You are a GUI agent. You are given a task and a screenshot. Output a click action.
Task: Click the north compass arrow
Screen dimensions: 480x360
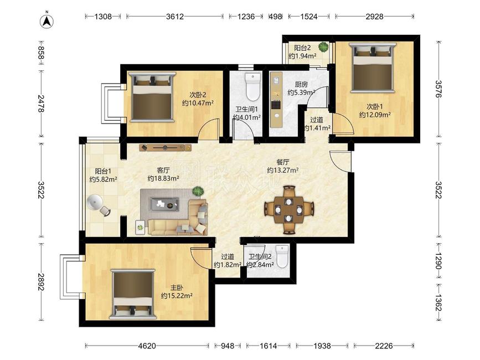point(47,21)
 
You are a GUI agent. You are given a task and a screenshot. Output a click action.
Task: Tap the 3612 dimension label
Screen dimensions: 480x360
point(175,17)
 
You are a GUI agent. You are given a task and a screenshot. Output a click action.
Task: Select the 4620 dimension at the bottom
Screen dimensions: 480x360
point(147,346)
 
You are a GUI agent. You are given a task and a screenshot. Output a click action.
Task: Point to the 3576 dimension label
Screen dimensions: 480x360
point(439,89)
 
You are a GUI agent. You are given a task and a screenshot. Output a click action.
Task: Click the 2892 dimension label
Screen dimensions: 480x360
point(42,282)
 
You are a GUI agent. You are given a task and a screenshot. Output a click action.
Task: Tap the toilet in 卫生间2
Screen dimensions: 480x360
point(282,256)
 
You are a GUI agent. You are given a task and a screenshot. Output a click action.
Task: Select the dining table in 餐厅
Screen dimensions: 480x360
point(288,210)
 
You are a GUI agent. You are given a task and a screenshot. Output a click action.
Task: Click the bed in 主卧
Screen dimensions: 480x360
point(133,294)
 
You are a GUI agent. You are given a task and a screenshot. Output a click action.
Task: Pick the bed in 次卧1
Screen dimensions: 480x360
point(372,68)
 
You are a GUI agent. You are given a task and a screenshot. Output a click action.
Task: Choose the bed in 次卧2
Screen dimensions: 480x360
point(152,97)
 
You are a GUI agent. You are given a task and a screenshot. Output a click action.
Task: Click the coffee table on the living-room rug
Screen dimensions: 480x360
point(164,204)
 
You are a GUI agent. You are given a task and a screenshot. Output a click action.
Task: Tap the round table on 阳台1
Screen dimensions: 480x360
point(95,202)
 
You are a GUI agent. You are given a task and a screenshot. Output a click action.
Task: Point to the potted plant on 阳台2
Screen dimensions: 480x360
point(323,47)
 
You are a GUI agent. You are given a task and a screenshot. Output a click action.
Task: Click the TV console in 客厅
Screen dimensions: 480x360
point(166,147)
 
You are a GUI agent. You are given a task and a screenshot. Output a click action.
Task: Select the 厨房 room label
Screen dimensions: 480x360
point(301,84)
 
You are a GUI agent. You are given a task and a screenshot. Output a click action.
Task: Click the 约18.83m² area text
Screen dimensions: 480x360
point(163,178)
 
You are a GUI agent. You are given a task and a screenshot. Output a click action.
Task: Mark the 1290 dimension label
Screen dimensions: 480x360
point(439,261)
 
